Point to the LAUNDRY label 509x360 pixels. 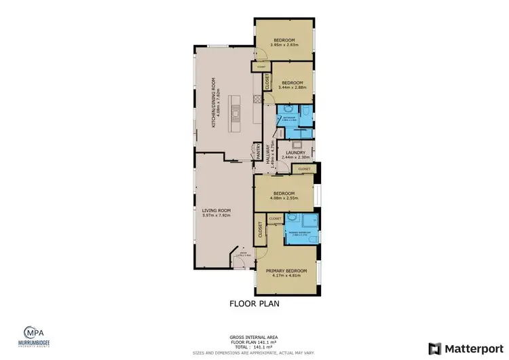[295, 153]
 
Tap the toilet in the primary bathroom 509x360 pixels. [290, 219]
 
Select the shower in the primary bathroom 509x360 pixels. [309, 220]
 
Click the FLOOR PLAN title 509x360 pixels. [254, 304]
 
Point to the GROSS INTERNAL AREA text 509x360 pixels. [254, 337]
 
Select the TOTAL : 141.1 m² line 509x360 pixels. [254, 346]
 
